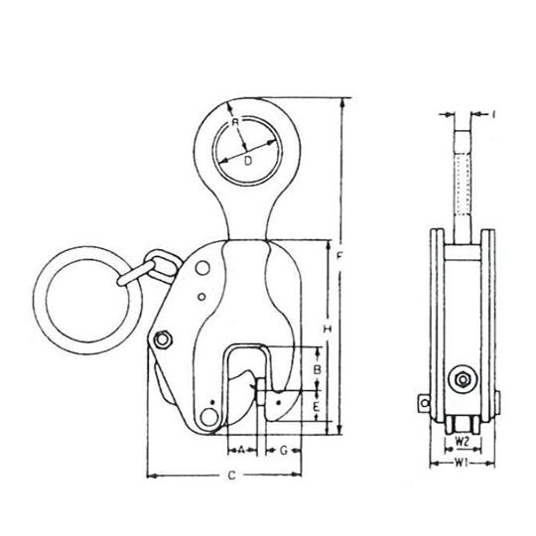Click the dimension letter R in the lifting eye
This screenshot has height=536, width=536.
(x=236, y=123)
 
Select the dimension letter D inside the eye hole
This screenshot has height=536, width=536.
(x=248, y=158)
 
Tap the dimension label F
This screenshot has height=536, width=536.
(x=340, y=257)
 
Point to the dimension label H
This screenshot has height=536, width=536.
(x=326, y=328)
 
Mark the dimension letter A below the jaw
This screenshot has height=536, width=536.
(x=241, y=450)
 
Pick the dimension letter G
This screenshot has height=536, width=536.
(x=285, y=450)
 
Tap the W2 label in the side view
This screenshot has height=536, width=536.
(x=463, y=438)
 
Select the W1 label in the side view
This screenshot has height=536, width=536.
(x=463, y=462)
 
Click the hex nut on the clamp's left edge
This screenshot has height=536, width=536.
(x=163, y=339)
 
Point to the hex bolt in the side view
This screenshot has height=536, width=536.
(x=462, y=378)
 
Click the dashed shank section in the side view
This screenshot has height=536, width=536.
(x=463, y=189)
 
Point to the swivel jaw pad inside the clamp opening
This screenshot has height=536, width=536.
(x=280, y=402)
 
